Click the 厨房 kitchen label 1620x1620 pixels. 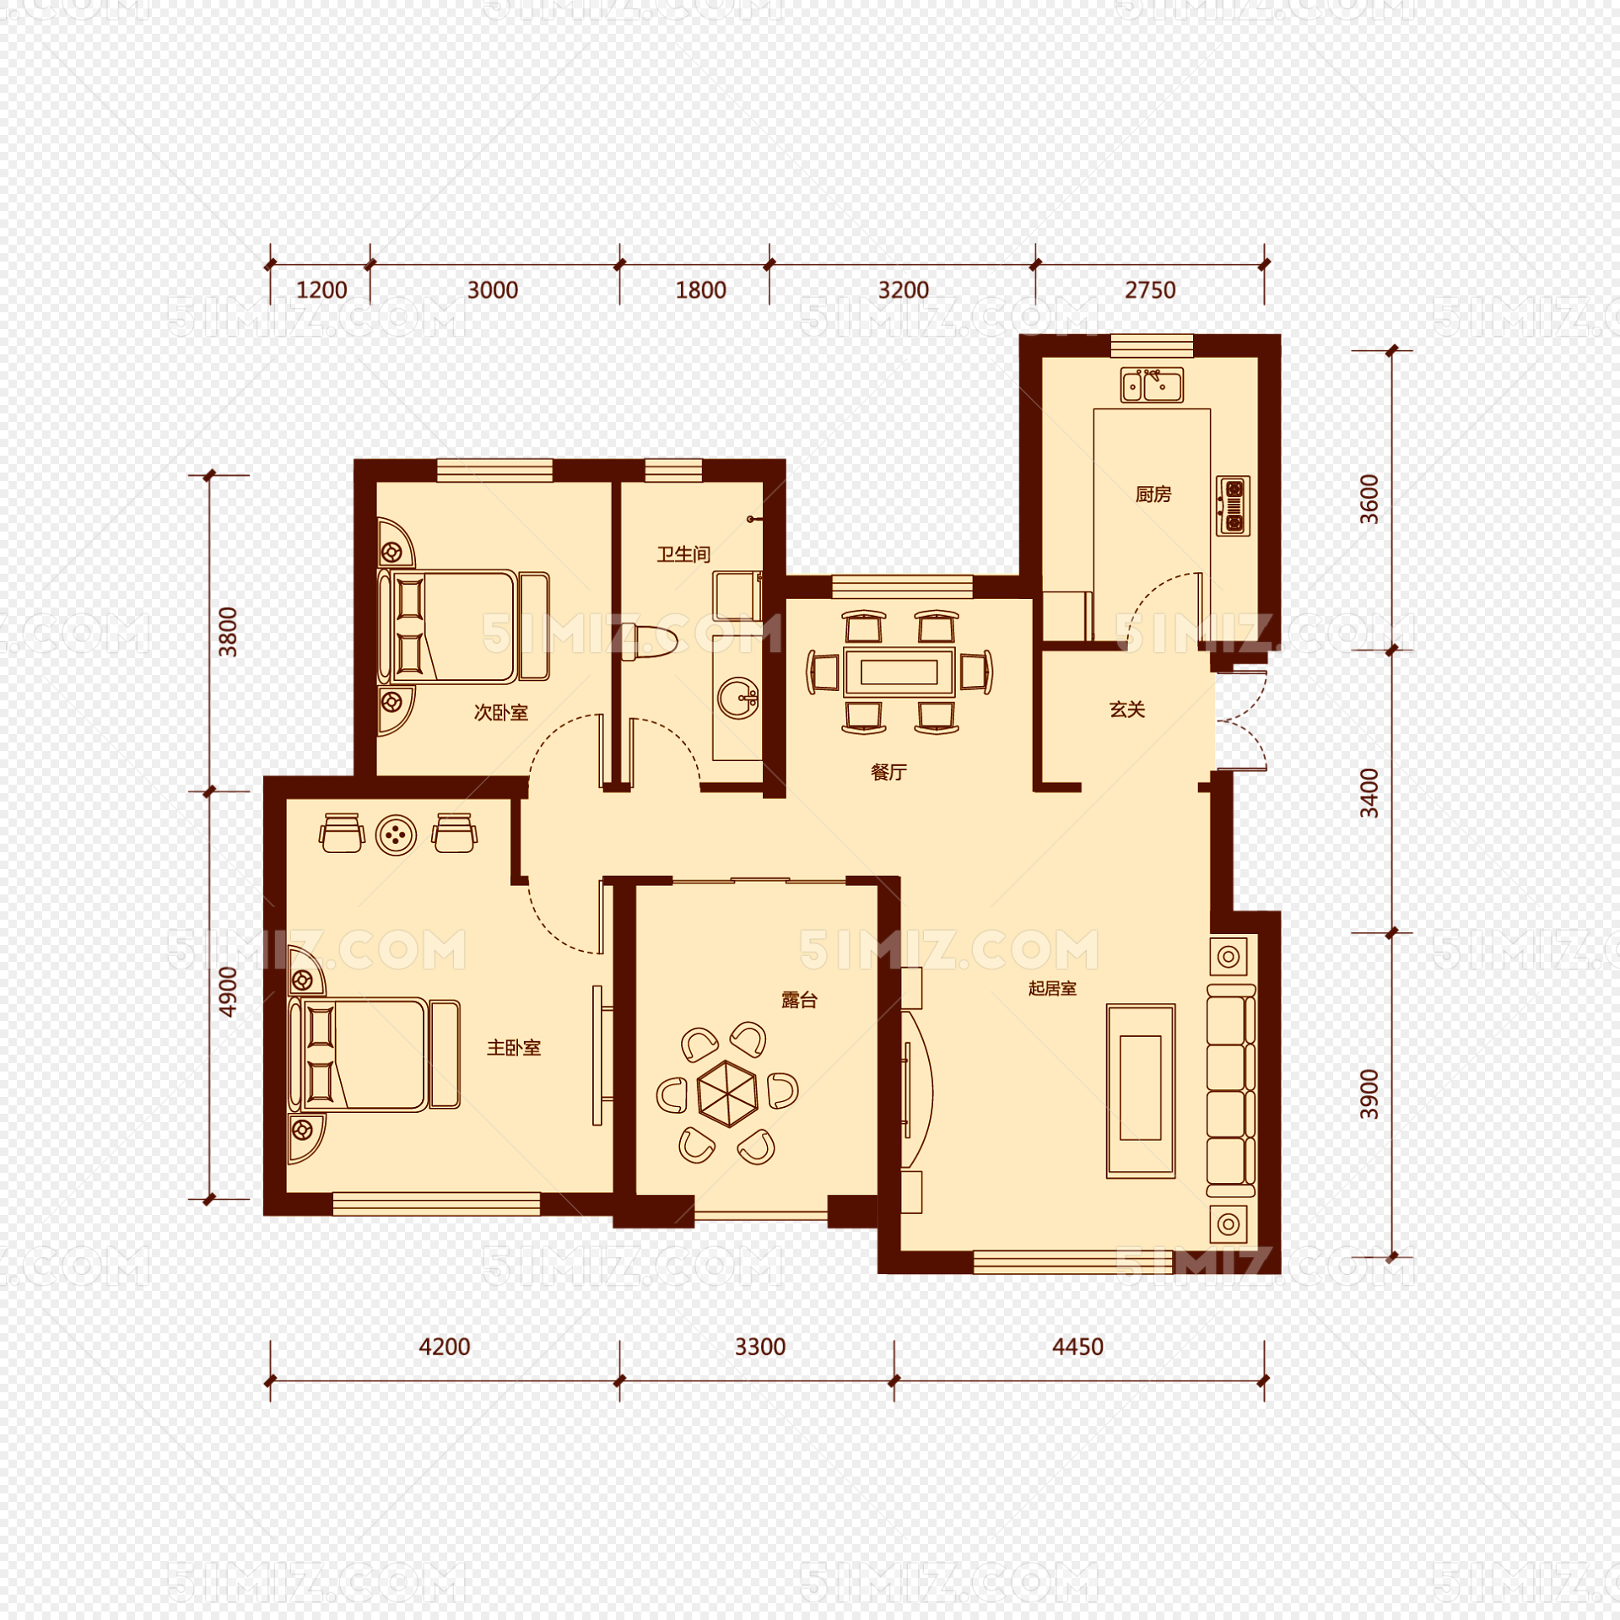[x=1153, y=494]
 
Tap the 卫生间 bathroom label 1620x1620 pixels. [x=683, y=554]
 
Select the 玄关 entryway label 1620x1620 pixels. [x=1127, y=710]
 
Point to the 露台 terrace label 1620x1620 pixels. [x=799, y=1001]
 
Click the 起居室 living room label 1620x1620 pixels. [x=1052, y=988]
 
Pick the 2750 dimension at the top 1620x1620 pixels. [x=1149, y=290]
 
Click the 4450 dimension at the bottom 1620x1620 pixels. [x=1077, y=1347]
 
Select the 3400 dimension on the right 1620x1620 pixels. [x=1369, y=793]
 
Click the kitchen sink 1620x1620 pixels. [x=1152, y=386]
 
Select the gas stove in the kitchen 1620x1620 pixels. [x=1233, y=505]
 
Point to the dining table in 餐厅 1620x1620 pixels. [x=899, y=672]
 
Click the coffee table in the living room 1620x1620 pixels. [x=1141, y=1090]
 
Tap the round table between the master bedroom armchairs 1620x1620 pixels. [x=396, y=835]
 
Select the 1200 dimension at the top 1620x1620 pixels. [x=321, y=290]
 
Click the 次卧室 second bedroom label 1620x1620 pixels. [x=500, y=713]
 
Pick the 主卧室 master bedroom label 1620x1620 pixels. [x=513, y=1048]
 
